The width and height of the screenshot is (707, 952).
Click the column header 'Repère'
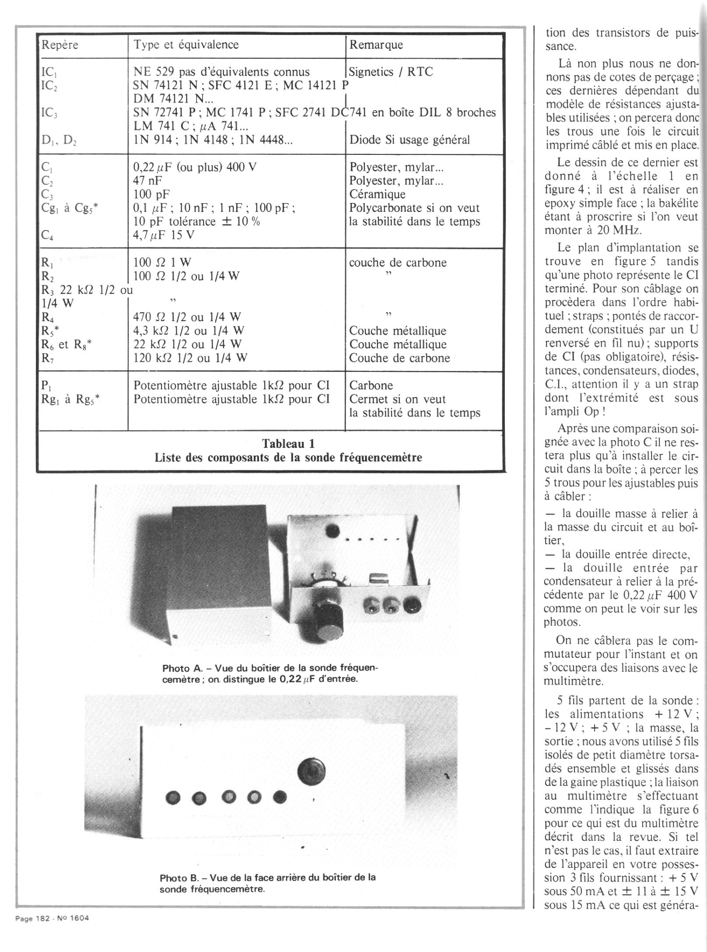tap(59, 45)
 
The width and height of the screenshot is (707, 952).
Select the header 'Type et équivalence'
tap(186, 45)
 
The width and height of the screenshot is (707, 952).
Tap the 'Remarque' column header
tap(376, 45)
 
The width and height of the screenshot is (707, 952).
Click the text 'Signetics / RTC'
tap(391, 72)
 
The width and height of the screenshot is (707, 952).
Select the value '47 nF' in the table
tap(147, 181)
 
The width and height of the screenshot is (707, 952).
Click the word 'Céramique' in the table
tap(377, 194)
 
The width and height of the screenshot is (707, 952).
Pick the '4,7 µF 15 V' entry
tap(164, 235)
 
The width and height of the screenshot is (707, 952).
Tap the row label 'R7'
tap(47, 358)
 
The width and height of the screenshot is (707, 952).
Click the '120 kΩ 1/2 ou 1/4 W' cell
tap(190, 358)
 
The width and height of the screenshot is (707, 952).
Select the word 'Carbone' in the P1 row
tap(371, 385)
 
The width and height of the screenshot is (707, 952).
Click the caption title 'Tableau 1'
tap(288, 444)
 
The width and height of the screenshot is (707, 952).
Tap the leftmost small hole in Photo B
tap(173, 798)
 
